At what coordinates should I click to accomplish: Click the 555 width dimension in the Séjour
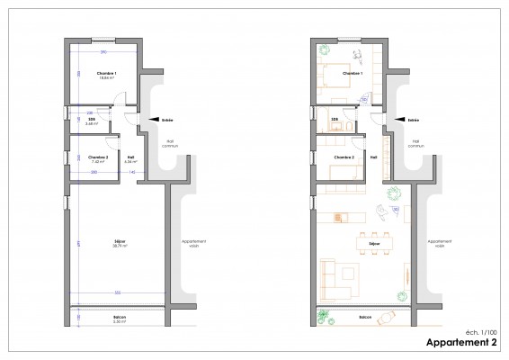point(118,293)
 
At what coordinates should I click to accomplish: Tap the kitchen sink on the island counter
point(340,216)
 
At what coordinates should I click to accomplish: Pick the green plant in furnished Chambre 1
point(322,56)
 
